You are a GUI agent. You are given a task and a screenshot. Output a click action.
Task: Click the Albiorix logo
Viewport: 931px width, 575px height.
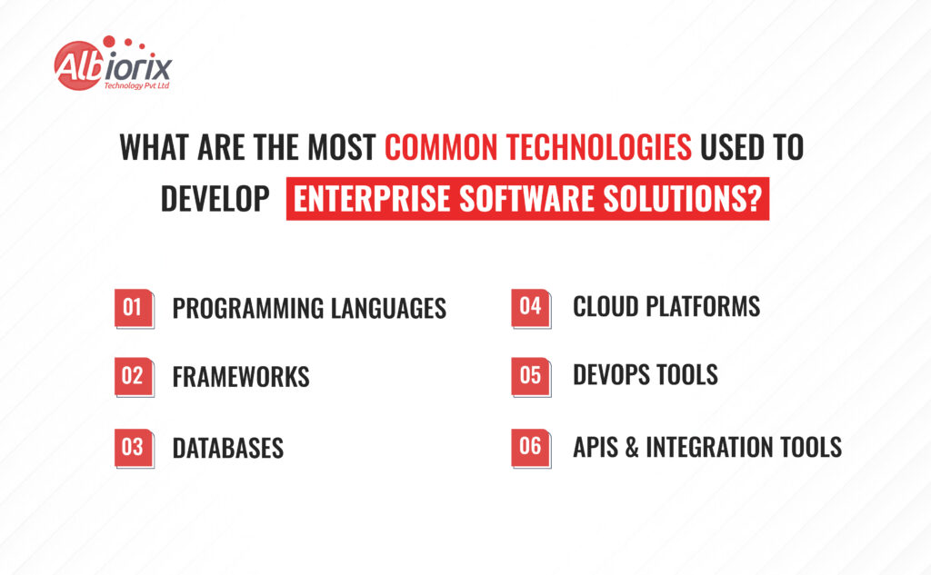113,64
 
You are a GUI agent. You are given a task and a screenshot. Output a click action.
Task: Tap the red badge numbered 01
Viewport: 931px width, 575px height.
135,309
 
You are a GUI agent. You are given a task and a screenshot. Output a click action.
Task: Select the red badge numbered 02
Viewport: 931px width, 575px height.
135,377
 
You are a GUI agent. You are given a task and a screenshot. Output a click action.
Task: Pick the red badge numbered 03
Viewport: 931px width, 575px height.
135,448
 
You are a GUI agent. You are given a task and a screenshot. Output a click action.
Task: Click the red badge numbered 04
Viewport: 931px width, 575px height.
531,308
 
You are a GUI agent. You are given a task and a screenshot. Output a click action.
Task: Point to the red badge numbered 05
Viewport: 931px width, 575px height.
531,376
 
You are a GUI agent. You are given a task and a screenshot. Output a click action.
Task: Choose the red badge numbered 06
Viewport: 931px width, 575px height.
531,448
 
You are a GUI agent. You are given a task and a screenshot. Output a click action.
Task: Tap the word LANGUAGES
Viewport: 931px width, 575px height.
388,309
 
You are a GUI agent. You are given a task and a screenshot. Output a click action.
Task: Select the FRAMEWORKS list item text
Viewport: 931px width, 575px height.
241,377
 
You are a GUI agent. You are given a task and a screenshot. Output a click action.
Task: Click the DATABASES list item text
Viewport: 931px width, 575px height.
228,448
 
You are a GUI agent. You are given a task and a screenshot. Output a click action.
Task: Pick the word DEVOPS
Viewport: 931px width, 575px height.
612,375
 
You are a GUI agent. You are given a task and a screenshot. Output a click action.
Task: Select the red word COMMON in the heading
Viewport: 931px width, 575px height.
441,147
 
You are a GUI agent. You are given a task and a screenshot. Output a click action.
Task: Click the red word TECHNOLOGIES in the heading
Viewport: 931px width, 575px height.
599,147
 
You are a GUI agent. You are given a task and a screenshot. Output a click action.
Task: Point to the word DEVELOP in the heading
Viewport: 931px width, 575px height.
215,199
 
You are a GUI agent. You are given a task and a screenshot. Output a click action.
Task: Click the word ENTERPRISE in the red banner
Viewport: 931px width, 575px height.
372,199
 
